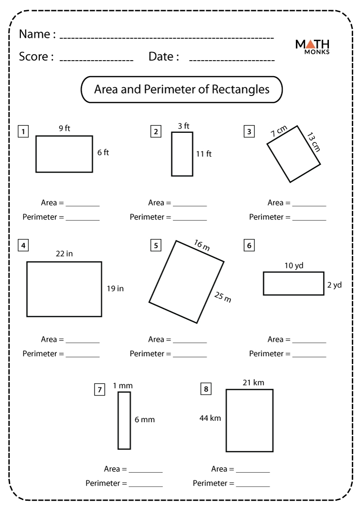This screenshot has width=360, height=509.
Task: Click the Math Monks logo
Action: [312, 47]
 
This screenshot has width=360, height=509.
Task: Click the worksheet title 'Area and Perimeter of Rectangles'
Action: [181, 90]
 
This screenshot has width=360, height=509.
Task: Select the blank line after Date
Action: [232, 60]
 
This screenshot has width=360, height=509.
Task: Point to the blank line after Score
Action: [96, 60]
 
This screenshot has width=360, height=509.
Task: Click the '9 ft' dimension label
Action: [65, 128]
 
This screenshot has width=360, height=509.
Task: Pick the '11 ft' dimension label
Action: [204, 154]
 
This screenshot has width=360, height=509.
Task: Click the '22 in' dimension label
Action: [64, 254]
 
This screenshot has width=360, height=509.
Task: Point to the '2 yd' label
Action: [334, 285]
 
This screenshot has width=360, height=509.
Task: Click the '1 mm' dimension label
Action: [123, 385]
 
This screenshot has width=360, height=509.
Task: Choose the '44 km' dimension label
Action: [210, 417]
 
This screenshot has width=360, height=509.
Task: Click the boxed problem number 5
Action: [156, 245]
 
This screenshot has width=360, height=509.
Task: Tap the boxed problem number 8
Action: [206, 389]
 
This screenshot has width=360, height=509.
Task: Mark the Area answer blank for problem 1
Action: [82, 206]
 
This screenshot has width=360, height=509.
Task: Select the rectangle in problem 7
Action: [124, 420]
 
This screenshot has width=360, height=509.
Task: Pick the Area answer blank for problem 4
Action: [82, 342]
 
